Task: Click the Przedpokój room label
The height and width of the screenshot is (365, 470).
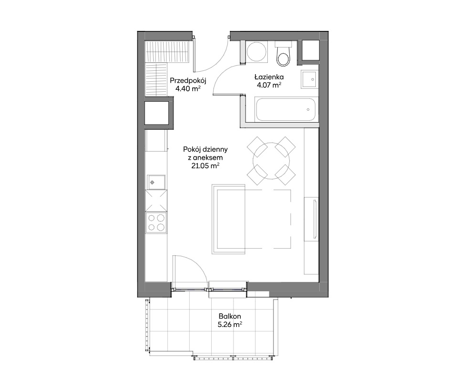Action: (x=188, y=80)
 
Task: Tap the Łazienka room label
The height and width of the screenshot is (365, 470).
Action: (x=269, y=77)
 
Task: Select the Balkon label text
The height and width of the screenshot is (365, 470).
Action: (x=230, y=316)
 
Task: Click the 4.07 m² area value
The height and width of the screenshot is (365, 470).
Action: (x=269, y=85)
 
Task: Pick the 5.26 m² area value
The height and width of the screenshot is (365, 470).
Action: (x=230, y=324)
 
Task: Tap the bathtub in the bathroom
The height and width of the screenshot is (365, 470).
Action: (x=285, y=110)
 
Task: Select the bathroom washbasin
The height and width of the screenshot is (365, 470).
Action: (x=309, y=79)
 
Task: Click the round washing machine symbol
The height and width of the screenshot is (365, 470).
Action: (x=256, y=51)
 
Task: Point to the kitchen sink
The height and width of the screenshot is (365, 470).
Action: (x=156, y=182)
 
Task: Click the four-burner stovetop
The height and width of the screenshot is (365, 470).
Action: (x=156, y=222)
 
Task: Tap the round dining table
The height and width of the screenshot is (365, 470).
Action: (x=271, y=161)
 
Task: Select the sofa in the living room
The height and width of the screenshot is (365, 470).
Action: (x=251, y=219)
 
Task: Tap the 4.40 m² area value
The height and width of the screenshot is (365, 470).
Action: (x=188, y=88)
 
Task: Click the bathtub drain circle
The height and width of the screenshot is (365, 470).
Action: (x=308, y=110)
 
